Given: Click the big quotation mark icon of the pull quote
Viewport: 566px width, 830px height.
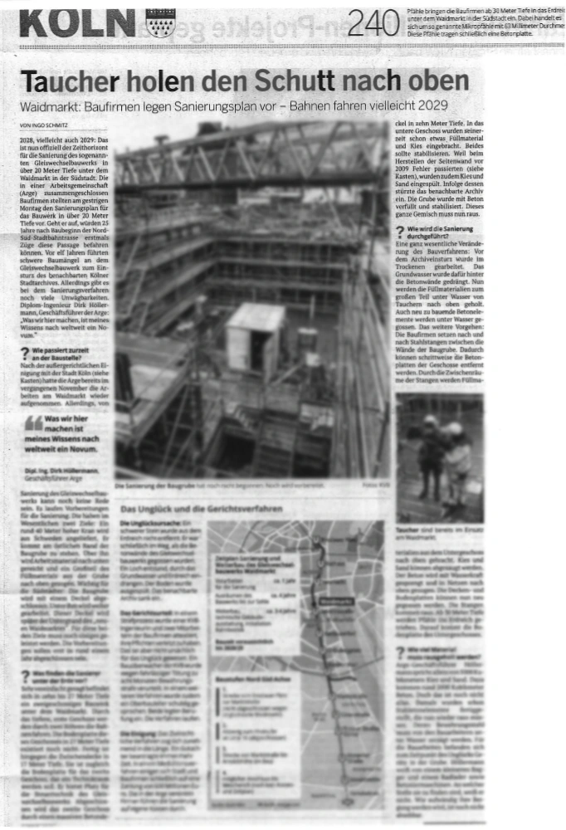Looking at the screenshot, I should click(34, 421).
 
